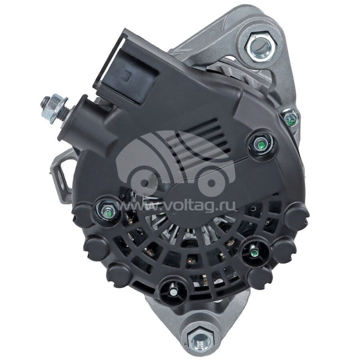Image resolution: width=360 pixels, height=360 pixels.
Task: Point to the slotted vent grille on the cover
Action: point(198,144)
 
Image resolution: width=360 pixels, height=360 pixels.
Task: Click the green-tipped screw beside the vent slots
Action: point(259,144)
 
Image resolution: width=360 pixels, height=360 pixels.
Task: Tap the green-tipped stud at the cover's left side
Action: point(108,210)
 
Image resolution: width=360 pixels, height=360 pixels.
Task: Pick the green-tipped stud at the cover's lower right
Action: point(254,252)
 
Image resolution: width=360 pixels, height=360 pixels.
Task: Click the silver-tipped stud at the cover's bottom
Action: point(174,291)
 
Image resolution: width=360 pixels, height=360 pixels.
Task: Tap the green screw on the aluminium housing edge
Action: point(291,118)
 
